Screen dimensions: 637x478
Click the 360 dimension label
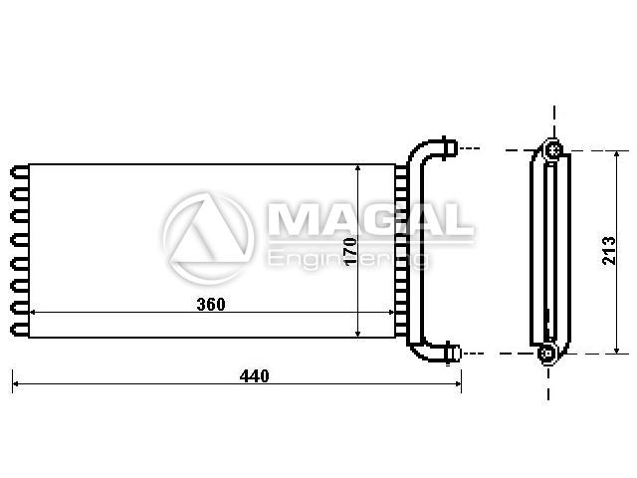tap(210, 304)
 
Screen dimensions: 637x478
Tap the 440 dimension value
tap(255, 376)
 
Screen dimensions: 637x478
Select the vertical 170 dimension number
tap(350, 252)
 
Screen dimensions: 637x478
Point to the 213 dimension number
tap(608, 251)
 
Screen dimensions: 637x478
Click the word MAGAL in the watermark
tap(370, 219)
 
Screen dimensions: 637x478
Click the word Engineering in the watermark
tap(347, 259)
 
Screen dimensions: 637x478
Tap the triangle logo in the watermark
tap(209, 239)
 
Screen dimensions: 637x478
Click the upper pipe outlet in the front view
tap(449, 148)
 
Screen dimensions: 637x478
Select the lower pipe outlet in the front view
tap(453, 353)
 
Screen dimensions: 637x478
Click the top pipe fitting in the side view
tap(554, 150)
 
